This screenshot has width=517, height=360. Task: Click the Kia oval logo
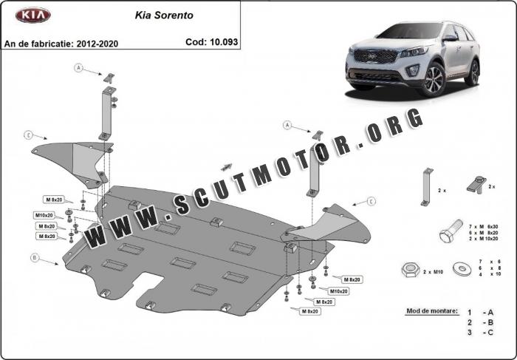[x=33, y=16]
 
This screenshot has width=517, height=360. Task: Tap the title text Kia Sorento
[x=164, y=16]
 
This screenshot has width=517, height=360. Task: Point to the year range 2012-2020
[x=97, y=44]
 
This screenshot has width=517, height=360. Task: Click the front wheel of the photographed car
[x=434, y=79]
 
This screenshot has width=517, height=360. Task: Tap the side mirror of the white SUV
[x=450, y=38]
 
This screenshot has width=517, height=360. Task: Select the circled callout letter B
[x=35, y=258]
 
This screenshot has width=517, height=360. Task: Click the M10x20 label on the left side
[x=44, y=215]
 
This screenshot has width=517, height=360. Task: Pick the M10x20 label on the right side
[x=338, y=291]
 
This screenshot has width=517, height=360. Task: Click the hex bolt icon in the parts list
[x=451, y=231]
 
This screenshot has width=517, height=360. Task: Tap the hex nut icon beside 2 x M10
[x=411, y=271]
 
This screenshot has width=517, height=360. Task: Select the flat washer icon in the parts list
[x=462, y=269]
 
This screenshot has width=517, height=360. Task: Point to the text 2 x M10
[x=433, y=272]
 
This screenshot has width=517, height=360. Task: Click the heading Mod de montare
[x=432, y=310]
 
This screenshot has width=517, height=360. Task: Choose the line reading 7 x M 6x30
[x=483, y=227]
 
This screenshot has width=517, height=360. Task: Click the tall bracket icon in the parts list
[x=427, y=187]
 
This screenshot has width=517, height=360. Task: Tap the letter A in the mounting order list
[x=490, y=313]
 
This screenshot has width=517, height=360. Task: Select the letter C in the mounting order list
[x=490, y=333]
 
